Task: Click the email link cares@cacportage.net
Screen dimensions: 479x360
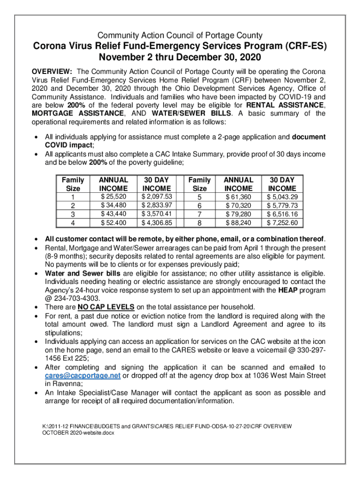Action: (83, 376)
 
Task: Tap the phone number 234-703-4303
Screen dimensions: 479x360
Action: (68, 298)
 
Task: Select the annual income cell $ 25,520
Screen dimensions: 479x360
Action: (114, 196)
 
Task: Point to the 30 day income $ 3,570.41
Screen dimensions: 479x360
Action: (157, 214)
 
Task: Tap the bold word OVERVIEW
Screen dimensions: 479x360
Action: (51, 72)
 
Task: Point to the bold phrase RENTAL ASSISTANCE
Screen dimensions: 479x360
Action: (285, 105)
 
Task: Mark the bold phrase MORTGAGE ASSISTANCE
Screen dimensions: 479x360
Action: (78, 114)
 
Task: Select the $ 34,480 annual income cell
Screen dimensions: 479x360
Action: (114, 205)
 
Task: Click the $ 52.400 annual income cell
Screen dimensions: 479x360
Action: (114, 223)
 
